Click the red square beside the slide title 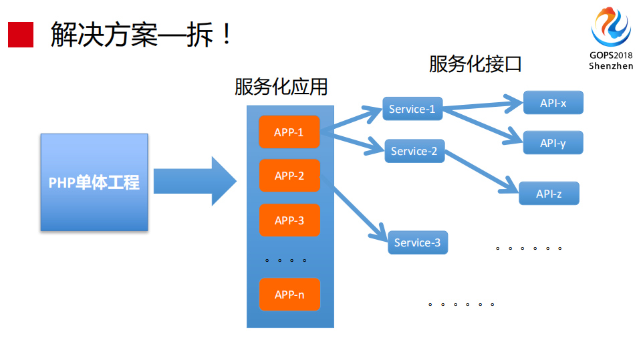pos(20,34)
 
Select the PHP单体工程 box pos(94,182)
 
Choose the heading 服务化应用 pos(281,87)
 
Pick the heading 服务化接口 pos(475,64)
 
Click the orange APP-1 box pos(289,132)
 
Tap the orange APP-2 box pos(289,176)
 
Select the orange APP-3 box pos(289,220)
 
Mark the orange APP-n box pos(289,295)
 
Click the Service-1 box pos(412,109)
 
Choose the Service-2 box pos(414,151)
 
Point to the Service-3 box pos(417,242)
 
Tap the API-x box pos(553,103)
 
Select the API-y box pos(553,143)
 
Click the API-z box pos(549,194)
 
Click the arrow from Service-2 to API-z pos(479,170)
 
